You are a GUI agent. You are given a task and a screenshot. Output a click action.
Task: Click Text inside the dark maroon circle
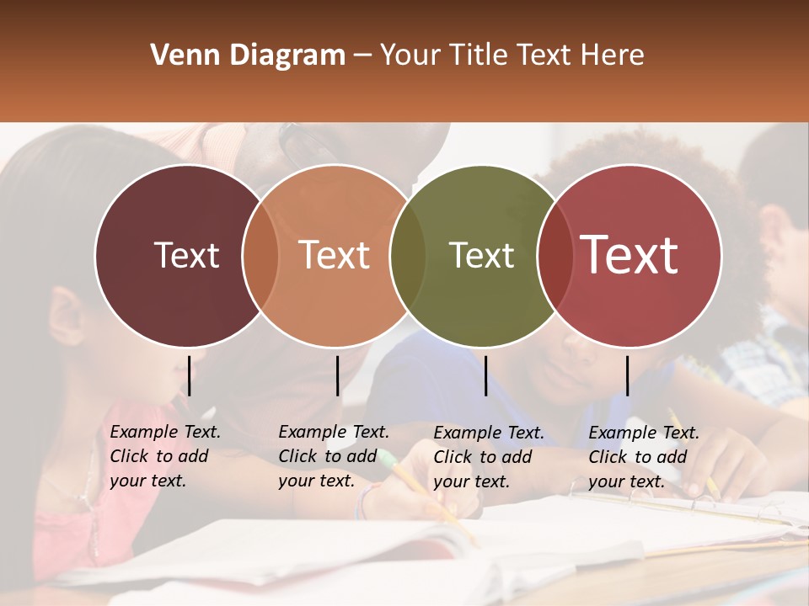[186, 255]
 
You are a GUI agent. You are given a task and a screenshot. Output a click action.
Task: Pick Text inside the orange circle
[335, 255]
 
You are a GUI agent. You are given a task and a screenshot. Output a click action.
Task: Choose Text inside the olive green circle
[482, 255]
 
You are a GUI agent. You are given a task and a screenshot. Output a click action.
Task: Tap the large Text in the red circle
[630, 255]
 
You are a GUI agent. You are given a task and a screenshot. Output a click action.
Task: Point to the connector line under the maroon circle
[190, 375]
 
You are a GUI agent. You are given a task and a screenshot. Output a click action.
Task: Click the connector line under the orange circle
[337, 375]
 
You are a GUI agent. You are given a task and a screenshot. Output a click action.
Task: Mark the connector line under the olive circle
[485, 375]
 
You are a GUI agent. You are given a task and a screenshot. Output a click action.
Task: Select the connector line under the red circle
[627, 375]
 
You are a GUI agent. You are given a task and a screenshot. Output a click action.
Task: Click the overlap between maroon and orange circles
[260, 256]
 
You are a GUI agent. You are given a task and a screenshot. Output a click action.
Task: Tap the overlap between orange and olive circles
[408, 256]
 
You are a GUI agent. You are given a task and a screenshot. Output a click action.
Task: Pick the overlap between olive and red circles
[554, 256]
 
